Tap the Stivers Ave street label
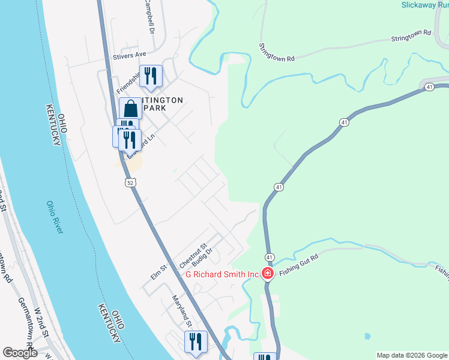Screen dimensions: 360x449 (x=130, y=55)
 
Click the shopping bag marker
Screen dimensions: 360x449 (x=130, y=109)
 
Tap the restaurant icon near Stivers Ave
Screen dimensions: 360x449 (x=151, y=76)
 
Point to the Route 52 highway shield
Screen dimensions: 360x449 (x=130, y=181)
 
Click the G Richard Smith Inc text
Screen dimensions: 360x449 (x=221, y=274)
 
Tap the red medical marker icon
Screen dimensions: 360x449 (x=267, y=274)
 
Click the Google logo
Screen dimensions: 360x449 (x=20, y=353)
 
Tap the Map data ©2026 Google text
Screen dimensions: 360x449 (x=412, y=355)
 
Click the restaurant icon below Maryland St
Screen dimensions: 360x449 (x=196, y=341)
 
